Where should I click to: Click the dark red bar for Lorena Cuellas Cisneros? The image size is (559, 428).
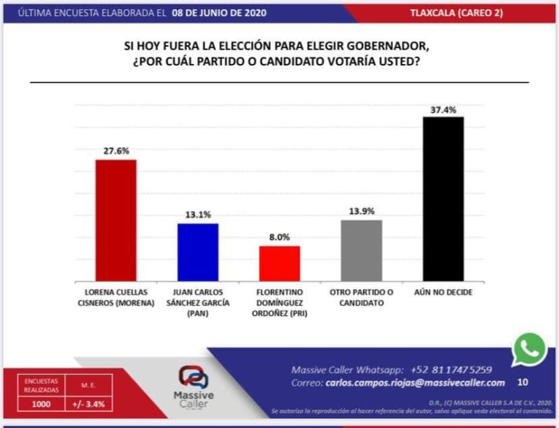(116, 220)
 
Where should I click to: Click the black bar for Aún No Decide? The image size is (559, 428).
(443, 199)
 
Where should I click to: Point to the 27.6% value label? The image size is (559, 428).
(116, 151)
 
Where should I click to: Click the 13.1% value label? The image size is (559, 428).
(198, 215)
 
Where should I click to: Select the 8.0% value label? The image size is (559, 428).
(279, 237)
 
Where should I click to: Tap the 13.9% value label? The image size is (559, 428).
(362, 211)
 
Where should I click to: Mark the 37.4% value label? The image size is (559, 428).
(443, 110)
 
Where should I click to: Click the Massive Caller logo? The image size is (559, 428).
(193, 386)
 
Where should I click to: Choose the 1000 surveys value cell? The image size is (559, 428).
(41, 405)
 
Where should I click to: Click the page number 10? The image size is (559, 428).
(523, 382)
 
